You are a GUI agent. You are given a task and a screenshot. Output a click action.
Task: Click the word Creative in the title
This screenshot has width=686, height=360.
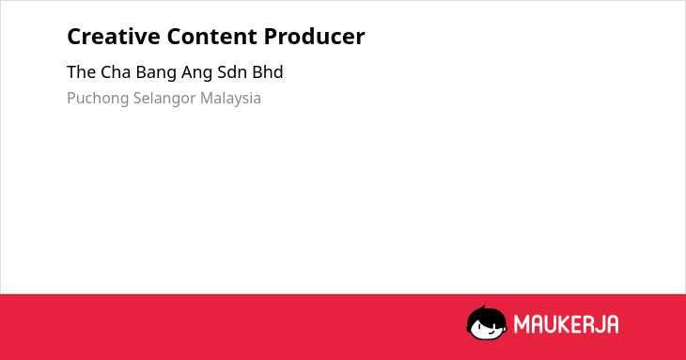click(114, 37)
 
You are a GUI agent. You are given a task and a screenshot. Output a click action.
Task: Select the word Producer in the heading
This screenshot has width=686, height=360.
click(314, 37)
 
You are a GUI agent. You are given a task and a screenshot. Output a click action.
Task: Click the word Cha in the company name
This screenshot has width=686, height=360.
click(116, 72)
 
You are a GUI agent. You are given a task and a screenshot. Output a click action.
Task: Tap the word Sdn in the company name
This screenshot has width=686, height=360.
click(232, 72)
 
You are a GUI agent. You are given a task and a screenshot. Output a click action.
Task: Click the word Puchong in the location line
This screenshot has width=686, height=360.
click(98, 99)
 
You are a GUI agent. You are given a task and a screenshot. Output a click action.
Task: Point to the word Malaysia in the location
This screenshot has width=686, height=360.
click(230, 99)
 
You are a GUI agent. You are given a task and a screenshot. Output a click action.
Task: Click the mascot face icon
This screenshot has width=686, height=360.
click(487, 322)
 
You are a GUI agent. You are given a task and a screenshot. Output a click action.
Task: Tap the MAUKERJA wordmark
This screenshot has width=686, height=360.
click(566, 324)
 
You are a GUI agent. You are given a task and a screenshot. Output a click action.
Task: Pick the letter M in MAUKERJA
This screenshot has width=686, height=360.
click(521, 324)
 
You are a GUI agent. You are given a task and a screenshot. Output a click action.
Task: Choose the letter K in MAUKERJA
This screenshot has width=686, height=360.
click(563, 324)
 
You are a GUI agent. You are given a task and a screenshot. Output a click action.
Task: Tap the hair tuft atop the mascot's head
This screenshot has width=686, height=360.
click(483, 307)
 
